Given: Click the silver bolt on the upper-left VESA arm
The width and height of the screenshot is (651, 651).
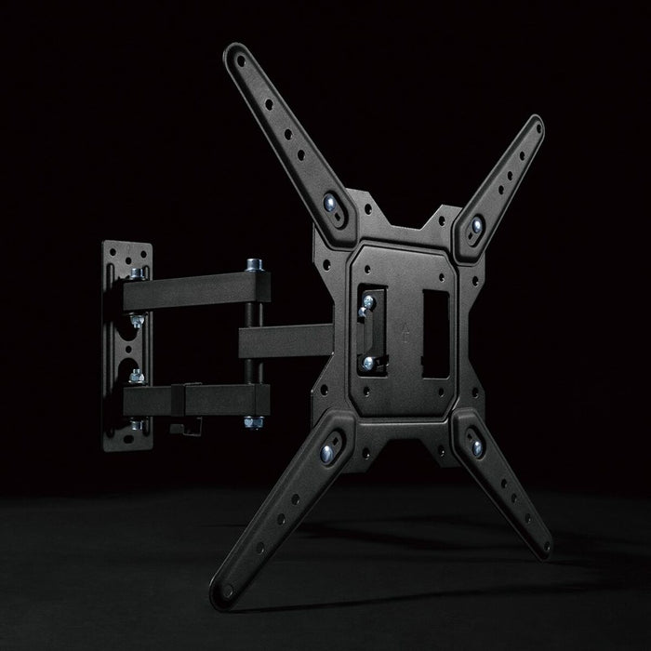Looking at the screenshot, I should click(x=332, y=202).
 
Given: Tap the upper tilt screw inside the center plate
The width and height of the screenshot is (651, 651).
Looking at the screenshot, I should click(x=368, y=299).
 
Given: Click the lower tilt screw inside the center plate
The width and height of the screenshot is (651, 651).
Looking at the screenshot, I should click(x=369, y=362).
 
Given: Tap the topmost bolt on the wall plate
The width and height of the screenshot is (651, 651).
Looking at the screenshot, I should click(x=137, y=272).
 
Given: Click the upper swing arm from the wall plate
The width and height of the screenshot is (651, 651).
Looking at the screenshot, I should click(x=186, y=288).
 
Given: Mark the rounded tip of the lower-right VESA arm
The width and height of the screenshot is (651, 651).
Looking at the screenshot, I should click(x=541, y=547).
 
